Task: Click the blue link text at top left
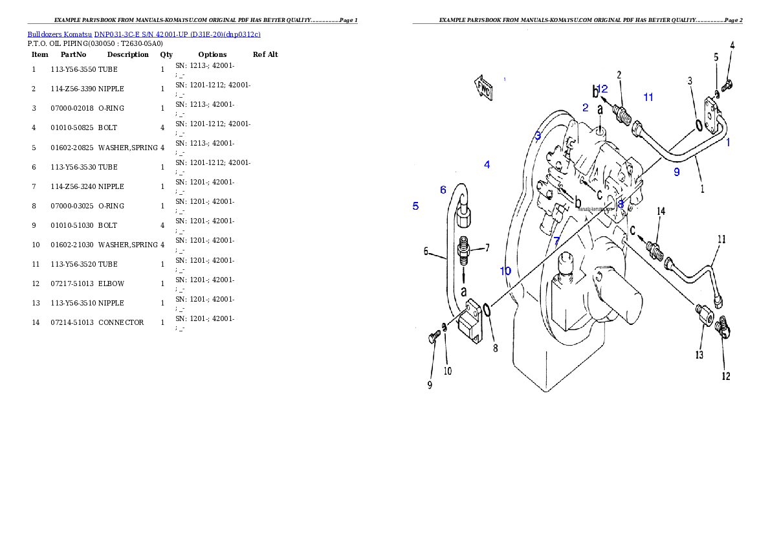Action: click(x=144, y=34)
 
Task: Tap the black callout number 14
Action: click(x=661, y=212)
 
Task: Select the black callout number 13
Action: click(x=699, y=355)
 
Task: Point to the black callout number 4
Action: click(x=732, y=45)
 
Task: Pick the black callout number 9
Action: click(x=430, y=385)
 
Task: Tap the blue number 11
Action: click(x=648, y=97)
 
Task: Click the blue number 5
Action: click(x=415, y=206)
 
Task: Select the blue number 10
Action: click(x=505, y=271)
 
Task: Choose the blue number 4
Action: click(x=487, y=164)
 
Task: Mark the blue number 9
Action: click(x=677, y=172)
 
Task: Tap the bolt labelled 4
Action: click(x=728, y=84)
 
